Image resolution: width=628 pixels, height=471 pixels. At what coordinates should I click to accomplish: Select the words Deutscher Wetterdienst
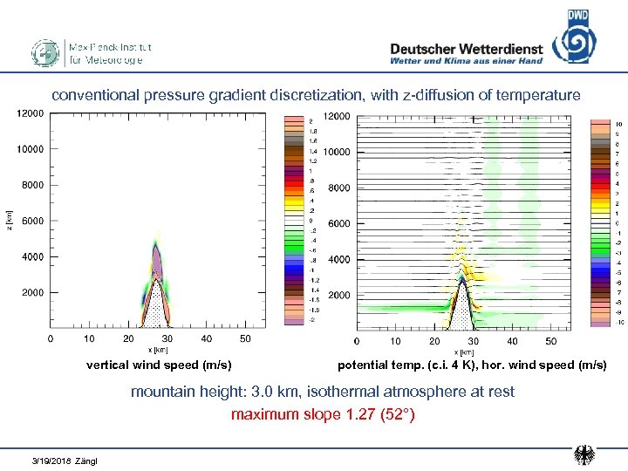pos(466,49)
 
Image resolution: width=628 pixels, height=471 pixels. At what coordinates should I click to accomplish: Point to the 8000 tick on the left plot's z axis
pos(31,185)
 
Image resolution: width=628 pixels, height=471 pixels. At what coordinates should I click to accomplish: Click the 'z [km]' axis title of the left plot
pos(9,220)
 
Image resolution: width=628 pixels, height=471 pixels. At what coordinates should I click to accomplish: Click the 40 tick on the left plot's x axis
pos(207,338)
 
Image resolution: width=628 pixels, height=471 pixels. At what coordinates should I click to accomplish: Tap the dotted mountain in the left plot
pos(155,305)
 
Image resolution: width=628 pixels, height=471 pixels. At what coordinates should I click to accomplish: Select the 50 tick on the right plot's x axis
pos(551,341)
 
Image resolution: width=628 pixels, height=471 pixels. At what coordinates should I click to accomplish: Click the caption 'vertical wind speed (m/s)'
pos(159,365)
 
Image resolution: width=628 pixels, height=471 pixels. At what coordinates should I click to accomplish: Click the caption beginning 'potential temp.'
pos(472,365)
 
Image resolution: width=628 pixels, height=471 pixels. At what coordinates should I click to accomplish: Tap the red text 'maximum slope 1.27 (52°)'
pos(323,414)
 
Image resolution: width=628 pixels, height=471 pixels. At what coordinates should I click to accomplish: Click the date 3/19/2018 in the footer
pos(51,460)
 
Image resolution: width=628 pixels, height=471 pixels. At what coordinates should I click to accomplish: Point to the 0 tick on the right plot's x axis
pos(356,341)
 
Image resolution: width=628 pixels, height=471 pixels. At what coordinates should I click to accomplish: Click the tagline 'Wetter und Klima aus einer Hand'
pos(466,61)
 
